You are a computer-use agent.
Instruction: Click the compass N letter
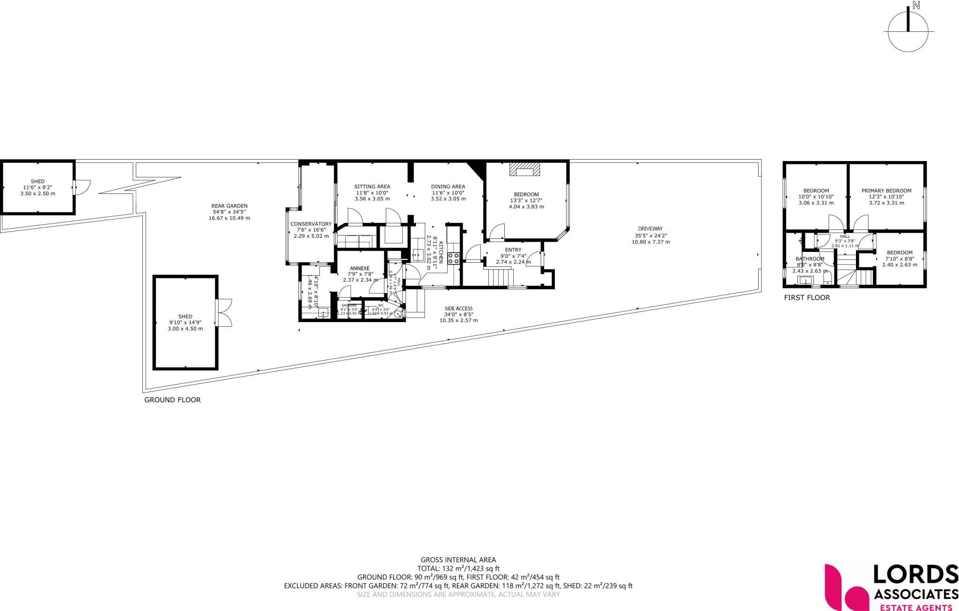pyautogui.click(x=916, y=6)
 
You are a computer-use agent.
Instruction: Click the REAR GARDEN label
pyautogui.click(x=229, y=206)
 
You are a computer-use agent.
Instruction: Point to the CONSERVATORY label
pyautogui.click(x=311, y=224)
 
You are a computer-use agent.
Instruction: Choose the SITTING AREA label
pyautogui.click(x=372, y=187)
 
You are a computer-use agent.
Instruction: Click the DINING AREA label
pyautogui.click(x=448, y=187)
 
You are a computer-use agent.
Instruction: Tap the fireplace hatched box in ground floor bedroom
pyautogui.click(x=524, y=169)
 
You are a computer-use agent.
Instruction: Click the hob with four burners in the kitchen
pyautogui.click(x=453, y=258)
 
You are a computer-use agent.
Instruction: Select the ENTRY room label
pyautogui.click(x=513, y=250)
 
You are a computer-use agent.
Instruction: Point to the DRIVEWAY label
pyautogui.click(x=650, y=229)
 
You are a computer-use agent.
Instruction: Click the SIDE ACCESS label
pyautogui.click(x=458, y=309)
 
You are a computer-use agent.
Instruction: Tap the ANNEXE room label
pyautogui.click(x=360, y=268)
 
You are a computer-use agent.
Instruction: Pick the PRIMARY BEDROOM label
pyautogui.click(x=886, y=191)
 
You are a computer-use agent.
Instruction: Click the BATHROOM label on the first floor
pyautogui.click(x=810, y=259)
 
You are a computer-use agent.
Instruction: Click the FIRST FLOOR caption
pyautogui.click(x=807, y=298)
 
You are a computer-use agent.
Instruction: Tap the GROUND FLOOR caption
pyautogui.click(x=172, y=400)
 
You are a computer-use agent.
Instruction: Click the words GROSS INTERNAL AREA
pyautogui.click(x=458, y=559)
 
